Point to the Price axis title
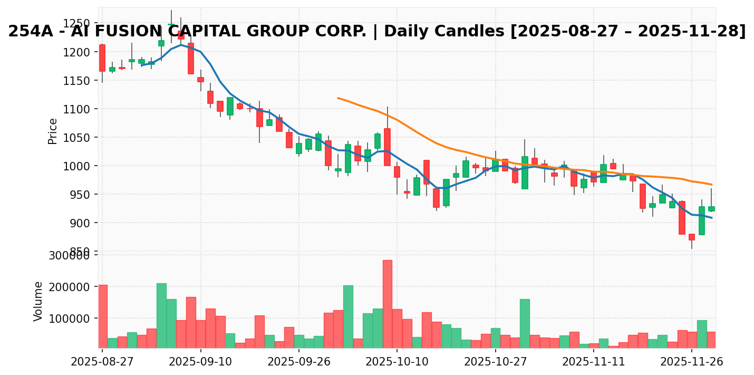click(x=53, y=131)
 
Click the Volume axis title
click(x=38, y=301)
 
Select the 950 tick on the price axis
click(x=81, y=195)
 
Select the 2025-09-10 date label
click(x=200, y=363)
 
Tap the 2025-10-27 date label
click(x=495, y=363)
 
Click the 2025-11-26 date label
click(x=692, y=363)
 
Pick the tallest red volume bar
click(x=388, y=304)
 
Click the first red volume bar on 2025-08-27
click(x=102, y=316)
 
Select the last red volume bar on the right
click(x=711, y=340)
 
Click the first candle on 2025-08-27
click(x=102, y=58)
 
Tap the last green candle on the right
click(x=711, y=209)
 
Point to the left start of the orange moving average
click(x=338, y=98)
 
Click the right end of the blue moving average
click(x=711, y=218)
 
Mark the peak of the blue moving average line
click(x=181, y=45)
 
